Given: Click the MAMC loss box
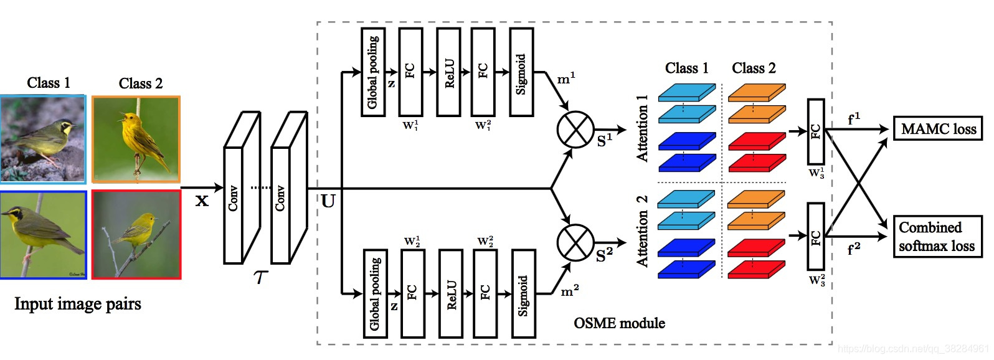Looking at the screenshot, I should click(x=938, y=128).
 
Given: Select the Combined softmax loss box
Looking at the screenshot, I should click(x=937, y=236).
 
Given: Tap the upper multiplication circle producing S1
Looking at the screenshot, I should click(x=575, y=130).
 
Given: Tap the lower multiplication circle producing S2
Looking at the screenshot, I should click(x=575, y=243).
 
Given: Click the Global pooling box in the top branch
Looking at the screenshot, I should click(x=373, y=72).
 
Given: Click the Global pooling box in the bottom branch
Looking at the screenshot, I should click(x=375, y=293).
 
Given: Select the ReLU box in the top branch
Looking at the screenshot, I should click(x=448, y=72).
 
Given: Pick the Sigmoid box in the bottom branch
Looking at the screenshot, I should click(x=523, y=293).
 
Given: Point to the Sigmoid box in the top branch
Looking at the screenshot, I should click(x=521, y=72).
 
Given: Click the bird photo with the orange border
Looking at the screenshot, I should click(x=136, y=139).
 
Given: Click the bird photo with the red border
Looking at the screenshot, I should click(x=136, y=234).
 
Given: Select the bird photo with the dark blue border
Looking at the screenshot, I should click(x=43, y=234).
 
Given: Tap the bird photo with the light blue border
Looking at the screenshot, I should click(x=43, y=139).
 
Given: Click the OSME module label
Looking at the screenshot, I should click(x=618, y=323).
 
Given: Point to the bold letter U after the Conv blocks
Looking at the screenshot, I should click(x=328, y=201).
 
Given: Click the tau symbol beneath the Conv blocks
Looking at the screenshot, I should click(x=260, y=277).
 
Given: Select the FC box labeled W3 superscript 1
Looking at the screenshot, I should click(x=815, y=131).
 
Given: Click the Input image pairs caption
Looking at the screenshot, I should click(x=78, y=304).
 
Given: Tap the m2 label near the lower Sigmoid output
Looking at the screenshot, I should click(x=570, y=291).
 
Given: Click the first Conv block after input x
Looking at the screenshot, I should click(x=240, y=187).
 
